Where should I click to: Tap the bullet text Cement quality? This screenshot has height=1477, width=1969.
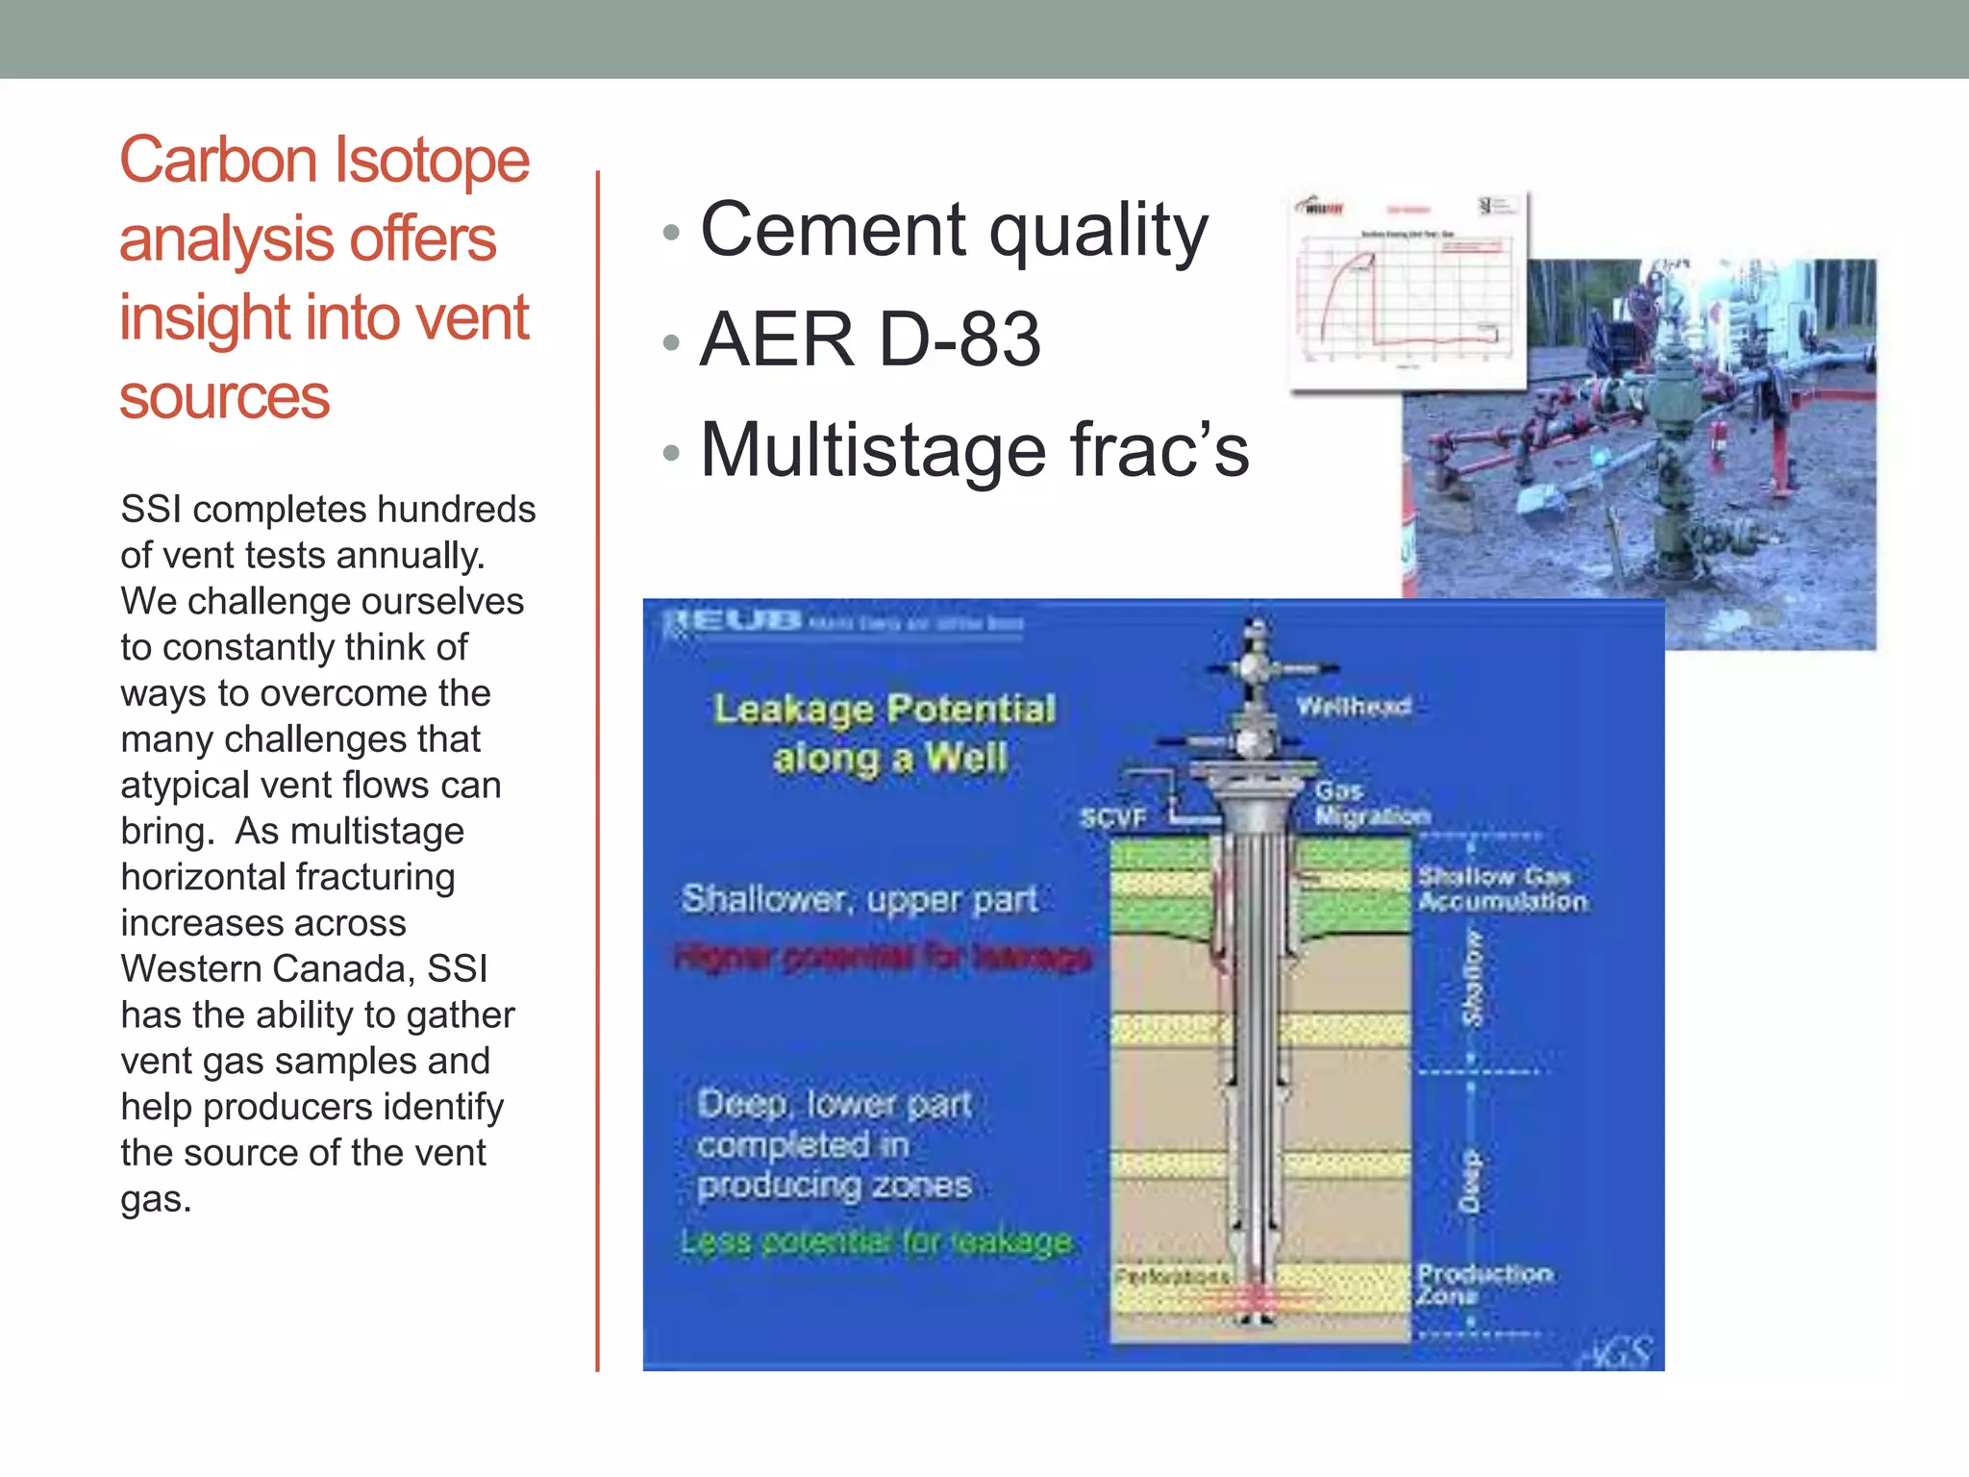[953, 231]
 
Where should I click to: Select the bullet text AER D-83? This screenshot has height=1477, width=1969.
[870, 339]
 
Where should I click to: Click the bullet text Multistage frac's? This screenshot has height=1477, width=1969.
[974, 450]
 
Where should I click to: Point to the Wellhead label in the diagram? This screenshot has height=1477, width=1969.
[1353, 707]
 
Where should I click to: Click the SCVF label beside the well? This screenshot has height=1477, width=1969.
[1112, 818]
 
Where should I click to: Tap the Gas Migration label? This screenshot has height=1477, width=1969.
[1371, 804]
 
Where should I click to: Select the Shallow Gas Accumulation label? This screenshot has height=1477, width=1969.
[1502, 889]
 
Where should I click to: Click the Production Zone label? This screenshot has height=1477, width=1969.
[1483, 1285]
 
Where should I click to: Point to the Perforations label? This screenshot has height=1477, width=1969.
[1171, 1277]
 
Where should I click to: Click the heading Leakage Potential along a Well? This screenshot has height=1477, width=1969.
[885, 734]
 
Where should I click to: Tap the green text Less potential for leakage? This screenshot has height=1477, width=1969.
[876, 1242]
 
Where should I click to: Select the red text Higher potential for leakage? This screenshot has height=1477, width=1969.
[883, 958]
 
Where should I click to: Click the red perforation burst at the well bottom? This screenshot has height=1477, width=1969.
[1256, 1298]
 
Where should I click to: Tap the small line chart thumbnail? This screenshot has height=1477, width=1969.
[1408, 291]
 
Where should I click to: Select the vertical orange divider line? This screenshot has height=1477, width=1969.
[597, 769]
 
